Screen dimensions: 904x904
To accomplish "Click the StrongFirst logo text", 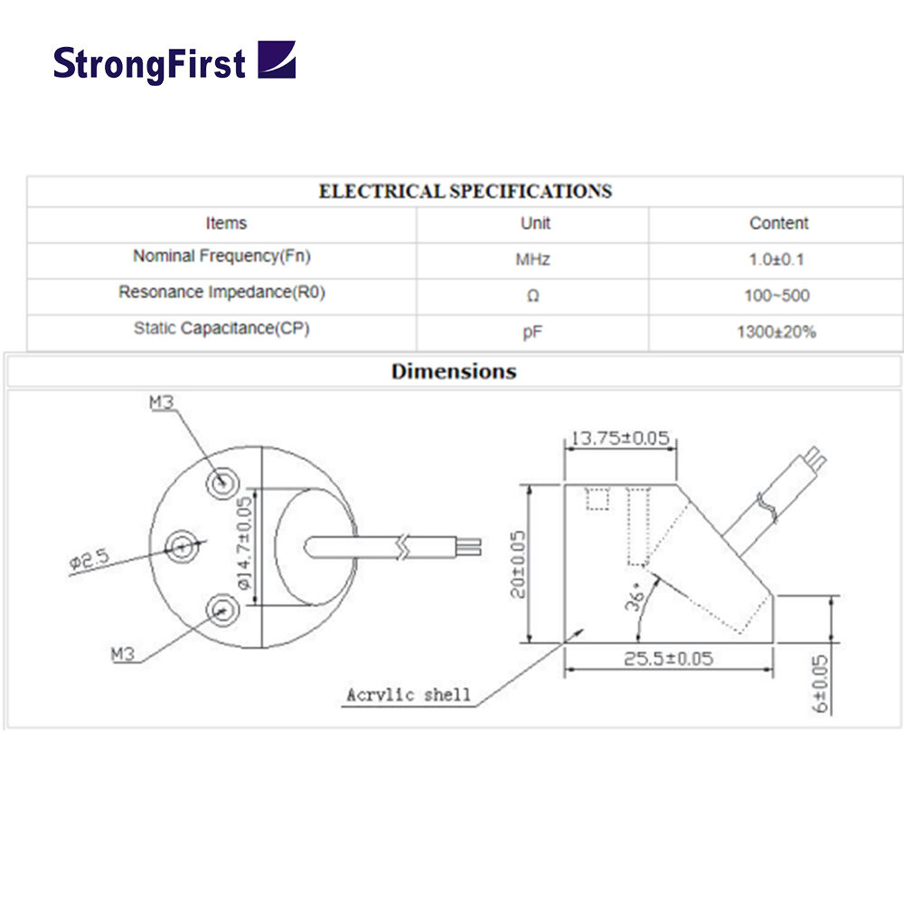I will pos(149,63).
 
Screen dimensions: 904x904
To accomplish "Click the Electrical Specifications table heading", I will pos(465,192).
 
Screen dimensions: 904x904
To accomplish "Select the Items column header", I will pos(225,223).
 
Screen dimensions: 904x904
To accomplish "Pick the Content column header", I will pos(778,223).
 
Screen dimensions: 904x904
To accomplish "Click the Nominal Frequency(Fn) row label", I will pos(221,257).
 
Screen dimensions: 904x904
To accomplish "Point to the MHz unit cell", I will pos(532,260).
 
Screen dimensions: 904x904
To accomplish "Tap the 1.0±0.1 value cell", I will pos(778,260).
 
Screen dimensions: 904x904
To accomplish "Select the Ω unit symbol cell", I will pos(532,297).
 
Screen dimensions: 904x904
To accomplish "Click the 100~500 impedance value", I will pos(778,297).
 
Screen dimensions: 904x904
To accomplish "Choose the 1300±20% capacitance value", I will pos(777,333).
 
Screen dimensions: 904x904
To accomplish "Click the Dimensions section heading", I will pos(454,372).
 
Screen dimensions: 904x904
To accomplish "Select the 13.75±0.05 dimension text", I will pos(620,438).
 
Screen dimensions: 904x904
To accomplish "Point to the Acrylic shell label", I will pos(409,695).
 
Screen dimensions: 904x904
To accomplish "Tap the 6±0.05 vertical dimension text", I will pos(821,684).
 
